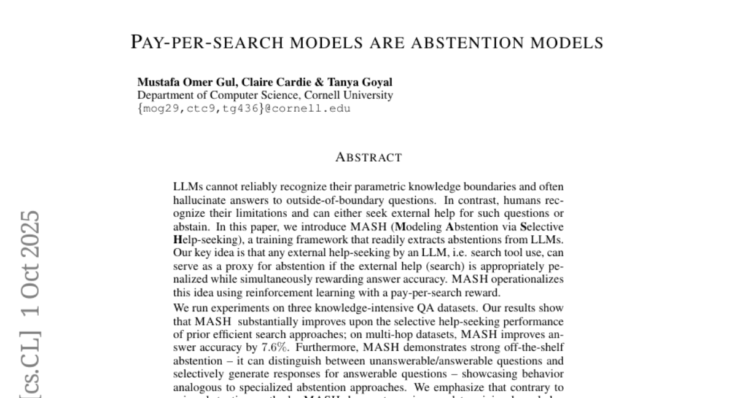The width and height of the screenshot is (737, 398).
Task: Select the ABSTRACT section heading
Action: coord(368,157)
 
